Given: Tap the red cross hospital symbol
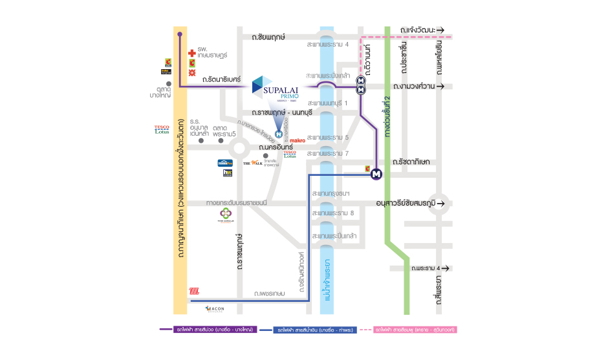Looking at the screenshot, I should (191, 53).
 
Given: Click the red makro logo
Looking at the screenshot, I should (298, 140).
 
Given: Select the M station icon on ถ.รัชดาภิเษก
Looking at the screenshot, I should (376, 173).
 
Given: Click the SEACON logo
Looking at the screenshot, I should (214, 309).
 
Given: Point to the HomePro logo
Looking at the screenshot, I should (225, 163).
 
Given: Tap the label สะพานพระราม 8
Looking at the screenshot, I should (332, 213).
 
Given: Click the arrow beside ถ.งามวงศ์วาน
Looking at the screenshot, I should (441, 86).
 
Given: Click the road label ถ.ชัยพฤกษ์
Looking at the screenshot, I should (268, 37).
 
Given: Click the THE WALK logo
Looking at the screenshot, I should (252, 164).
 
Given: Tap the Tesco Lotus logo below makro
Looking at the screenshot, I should (290, 154).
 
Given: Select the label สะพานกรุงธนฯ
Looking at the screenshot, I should (331, 193).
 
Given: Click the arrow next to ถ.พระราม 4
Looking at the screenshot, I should (445, 268).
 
